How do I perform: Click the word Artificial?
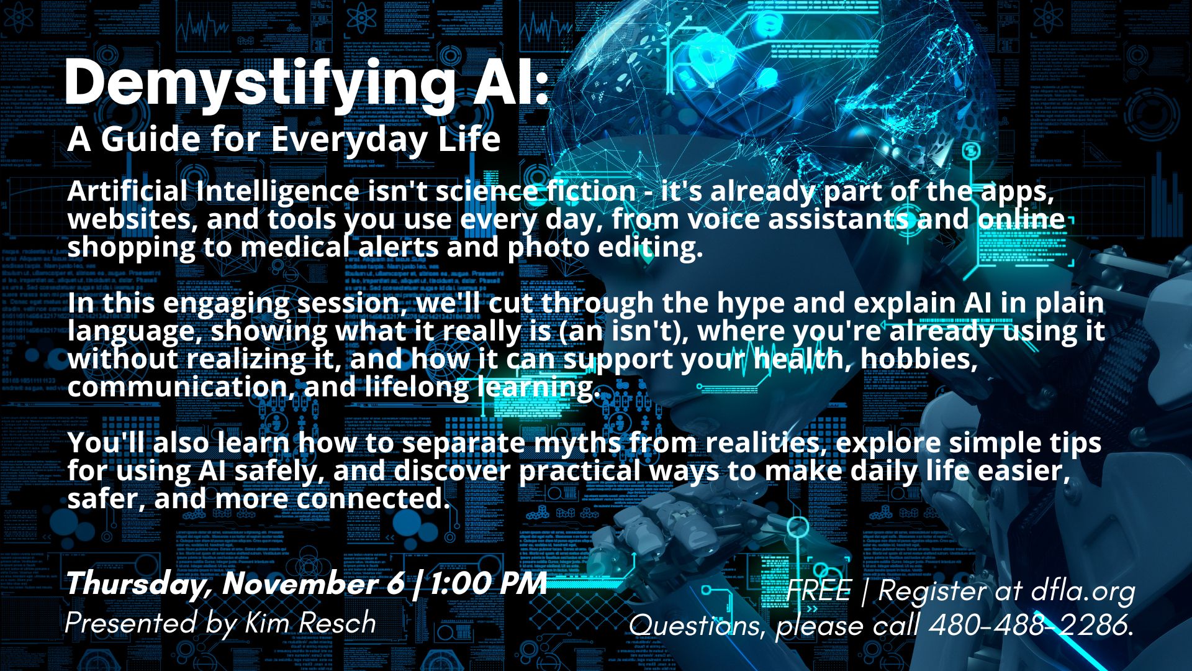click(x=127, y=191)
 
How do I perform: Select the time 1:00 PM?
click(x=488, y=583)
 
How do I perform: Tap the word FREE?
click(x=818, y=590)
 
